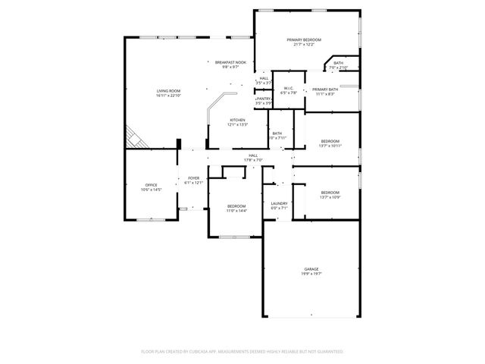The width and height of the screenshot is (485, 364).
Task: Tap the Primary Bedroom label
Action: click(304, 39)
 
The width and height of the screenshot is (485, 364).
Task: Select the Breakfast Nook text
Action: click(230, 62)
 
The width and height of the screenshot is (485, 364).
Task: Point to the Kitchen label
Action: click(238, 120)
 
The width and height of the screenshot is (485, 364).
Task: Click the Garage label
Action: click(311, 269)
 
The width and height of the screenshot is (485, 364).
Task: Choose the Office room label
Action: click(152, 185)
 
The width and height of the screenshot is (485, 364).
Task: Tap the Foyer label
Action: click(194, 178)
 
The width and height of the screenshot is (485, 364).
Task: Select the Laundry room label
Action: click(279, 203)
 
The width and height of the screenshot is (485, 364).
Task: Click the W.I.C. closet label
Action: click(288, 89)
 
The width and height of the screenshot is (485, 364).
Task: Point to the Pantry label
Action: click(264, 99)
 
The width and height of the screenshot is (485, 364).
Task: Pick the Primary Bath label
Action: click(325, 89)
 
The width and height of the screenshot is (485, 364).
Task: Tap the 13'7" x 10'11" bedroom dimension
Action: click(330, 146)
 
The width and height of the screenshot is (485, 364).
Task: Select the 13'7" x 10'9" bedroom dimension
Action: click(330, 197)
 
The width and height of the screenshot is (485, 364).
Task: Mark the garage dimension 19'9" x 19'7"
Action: click(311, 274)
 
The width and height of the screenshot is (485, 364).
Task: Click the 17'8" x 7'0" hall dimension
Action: click(252, 160)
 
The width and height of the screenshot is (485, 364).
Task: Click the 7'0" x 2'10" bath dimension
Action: click(338, 67)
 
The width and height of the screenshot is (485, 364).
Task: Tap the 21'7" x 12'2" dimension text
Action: click(304, 45)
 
